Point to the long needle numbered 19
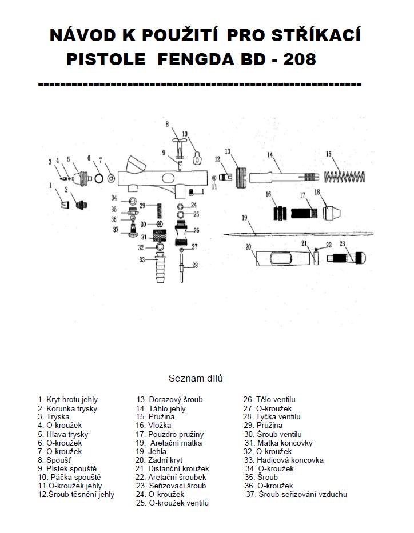point(297,234)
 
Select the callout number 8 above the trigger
point(168,123)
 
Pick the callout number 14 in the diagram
point(269,154)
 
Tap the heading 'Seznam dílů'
point(196,378)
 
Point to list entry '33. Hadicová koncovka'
point(284,460)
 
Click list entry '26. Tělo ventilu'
point(269,400)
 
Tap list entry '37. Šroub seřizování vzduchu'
point(296,494)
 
